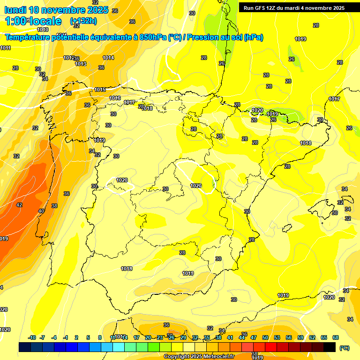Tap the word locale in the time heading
(x=46, y=21)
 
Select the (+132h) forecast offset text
(x=83, y=21)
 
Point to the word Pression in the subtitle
(x=203, y=37)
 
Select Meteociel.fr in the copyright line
(x=215, y=357)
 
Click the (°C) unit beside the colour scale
(x=344, y=348)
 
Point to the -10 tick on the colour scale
(x=32, y=337)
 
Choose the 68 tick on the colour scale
(x=336, y=337)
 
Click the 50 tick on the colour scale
(x=265, y=337)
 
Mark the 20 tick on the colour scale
(x=148, y=337)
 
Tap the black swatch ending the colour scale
(x=330, y=347)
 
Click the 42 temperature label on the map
(x=19, y=205)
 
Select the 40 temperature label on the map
(x=41, y=211)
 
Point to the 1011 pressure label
(x=5, y=48)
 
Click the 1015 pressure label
(x=100, y=90)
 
